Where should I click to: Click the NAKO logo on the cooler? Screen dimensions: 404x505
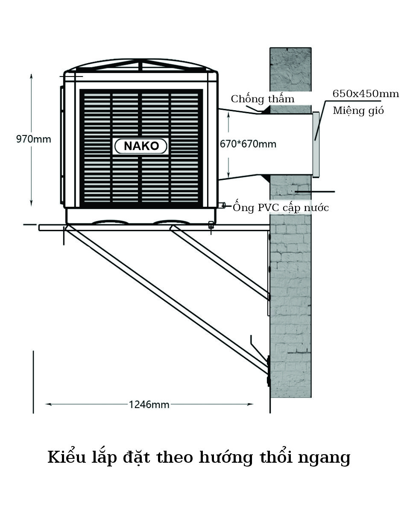coord(141,146)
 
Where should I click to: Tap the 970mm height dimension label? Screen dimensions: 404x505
coord(33,139)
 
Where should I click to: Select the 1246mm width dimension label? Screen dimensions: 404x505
coord(149,404)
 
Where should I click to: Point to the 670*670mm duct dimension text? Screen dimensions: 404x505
coord(248,144)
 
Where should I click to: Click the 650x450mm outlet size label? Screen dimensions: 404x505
coord(366,94)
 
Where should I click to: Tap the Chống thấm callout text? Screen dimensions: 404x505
coord(263,99)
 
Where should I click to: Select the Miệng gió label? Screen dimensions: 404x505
coord(358,111)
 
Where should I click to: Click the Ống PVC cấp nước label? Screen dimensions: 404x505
coord(281,207)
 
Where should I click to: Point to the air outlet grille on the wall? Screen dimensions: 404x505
coord(316,144)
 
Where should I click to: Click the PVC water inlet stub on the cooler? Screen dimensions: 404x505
coord(222,205)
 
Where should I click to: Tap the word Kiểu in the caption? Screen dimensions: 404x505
coord(67,457)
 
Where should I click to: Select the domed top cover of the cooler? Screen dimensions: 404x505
coord(141,65)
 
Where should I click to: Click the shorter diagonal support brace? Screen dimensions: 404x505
coord(220,262)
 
